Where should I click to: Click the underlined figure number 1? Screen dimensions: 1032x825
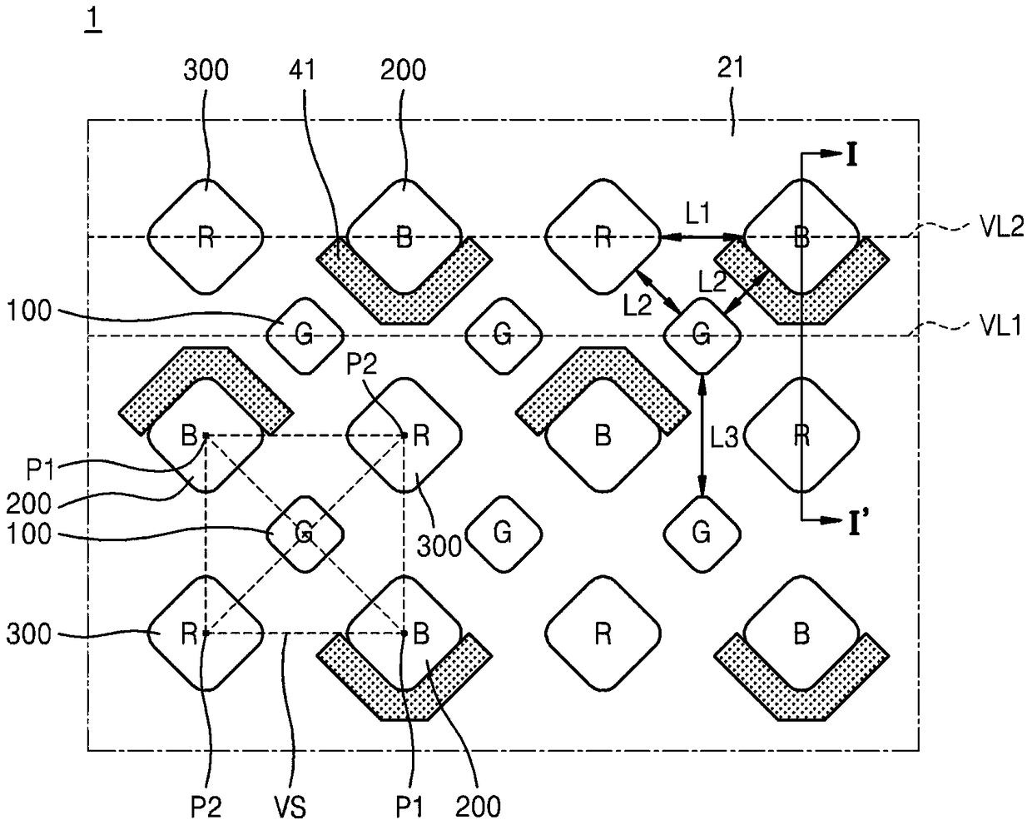[92, 20]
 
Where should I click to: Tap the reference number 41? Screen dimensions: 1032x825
[302, 70]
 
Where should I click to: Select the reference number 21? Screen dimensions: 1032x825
[731, 67]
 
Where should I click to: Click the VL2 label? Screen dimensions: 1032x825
[1002, 226]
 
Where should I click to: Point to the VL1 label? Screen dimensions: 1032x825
[1000, 326]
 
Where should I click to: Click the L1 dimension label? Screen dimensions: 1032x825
[697, 213]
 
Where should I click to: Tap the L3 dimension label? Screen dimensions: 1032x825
[723, 437]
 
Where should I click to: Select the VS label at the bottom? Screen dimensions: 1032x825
[290, 808]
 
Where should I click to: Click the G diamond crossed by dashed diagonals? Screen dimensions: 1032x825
[305, 534]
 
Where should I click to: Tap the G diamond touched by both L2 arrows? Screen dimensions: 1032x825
[702, 335]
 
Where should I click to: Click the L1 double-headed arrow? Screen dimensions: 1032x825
[702, 236]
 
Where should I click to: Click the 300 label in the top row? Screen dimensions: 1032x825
[206, 70]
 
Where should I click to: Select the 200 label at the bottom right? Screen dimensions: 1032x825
[478, 808]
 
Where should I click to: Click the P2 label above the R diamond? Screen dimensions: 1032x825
[362, 364]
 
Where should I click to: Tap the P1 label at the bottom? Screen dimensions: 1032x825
[409, 808]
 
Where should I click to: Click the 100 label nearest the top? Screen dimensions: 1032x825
[29, 311]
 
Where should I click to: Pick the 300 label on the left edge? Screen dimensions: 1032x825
[29, 634]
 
